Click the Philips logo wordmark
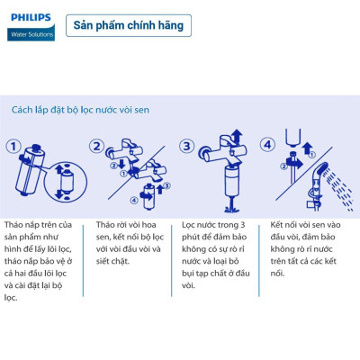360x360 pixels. tap(31, 18)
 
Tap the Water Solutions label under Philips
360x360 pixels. tap(31, 34)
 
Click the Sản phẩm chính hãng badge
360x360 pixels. tap(129, 25)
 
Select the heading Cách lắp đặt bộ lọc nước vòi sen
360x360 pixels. tap(80, 110)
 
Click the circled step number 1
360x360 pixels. tap(13, 147)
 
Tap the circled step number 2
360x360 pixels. tap(96, 147)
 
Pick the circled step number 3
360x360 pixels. tap(186, 147)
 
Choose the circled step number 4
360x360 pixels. tap(267, 145)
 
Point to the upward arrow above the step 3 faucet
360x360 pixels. tap(238, 136)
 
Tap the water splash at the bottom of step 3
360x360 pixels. tap(232, 207)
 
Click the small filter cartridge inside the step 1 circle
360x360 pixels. tap(67, 183)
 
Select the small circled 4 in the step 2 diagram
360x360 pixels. tap(134, 200)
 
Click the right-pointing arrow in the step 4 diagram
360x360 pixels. tap(295, 163)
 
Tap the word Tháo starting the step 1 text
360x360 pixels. tap(13, 225)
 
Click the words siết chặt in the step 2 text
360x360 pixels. tap(112, 261)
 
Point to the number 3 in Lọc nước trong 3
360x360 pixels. tap(242, 225)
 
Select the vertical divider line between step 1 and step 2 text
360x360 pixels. tap(83, 260)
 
